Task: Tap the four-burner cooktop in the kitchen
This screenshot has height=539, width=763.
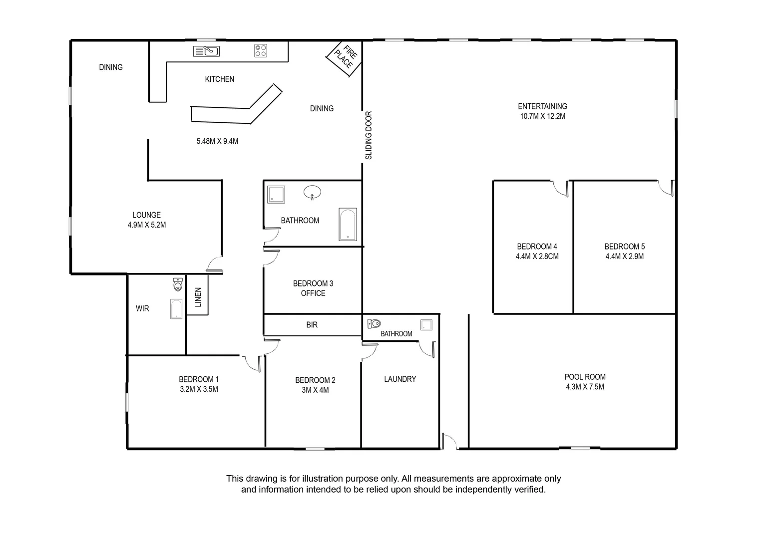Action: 260,50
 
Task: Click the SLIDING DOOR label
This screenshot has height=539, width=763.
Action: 369,135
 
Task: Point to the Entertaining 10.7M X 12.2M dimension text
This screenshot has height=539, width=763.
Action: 542,116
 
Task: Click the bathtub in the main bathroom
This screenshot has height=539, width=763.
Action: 348,224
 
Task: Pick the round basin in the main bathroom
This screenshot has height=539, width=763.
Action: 313,192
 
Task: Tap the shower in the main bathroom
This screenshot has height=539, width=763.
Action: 276,195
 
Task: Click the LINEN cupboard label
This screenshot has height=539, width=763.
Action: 198,297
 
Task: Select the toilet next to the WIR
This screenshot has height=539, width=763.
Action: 178,284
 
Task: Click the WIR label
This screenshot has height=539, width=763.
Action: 142,308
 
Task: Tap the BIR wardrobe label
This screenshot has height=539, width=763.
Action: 312,325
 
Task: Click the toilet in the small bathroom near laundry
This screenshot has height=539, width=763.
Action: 374,323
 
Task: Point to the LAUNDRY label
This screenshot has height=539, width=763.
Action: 399,379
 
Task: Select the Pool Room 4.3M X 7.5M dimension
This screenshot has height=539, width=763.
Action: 585,387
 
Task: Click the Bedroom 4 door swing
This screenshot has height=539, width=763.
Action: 561,188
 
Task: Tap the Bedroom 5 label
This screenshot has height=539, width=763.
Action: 624,247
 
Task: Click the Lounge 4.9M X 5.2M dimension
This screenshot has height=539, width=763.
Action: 147,225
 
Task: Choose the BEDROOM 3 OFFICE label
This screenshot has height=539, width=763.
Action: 313,288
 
